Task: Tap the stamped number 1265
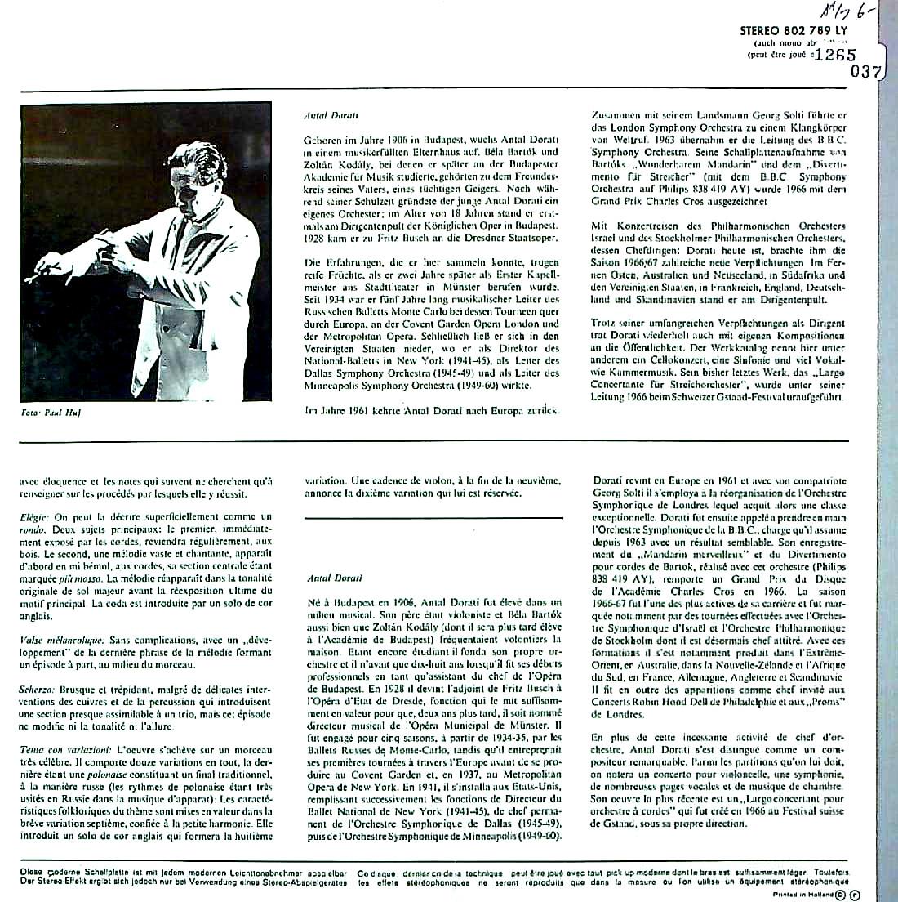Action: coord(835,56)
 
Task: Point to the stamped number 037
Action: coord(865,72)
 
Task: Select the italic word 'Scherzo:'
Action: coord(37,690)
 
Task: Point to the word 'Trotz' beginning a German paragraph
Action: coord(604,324)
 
